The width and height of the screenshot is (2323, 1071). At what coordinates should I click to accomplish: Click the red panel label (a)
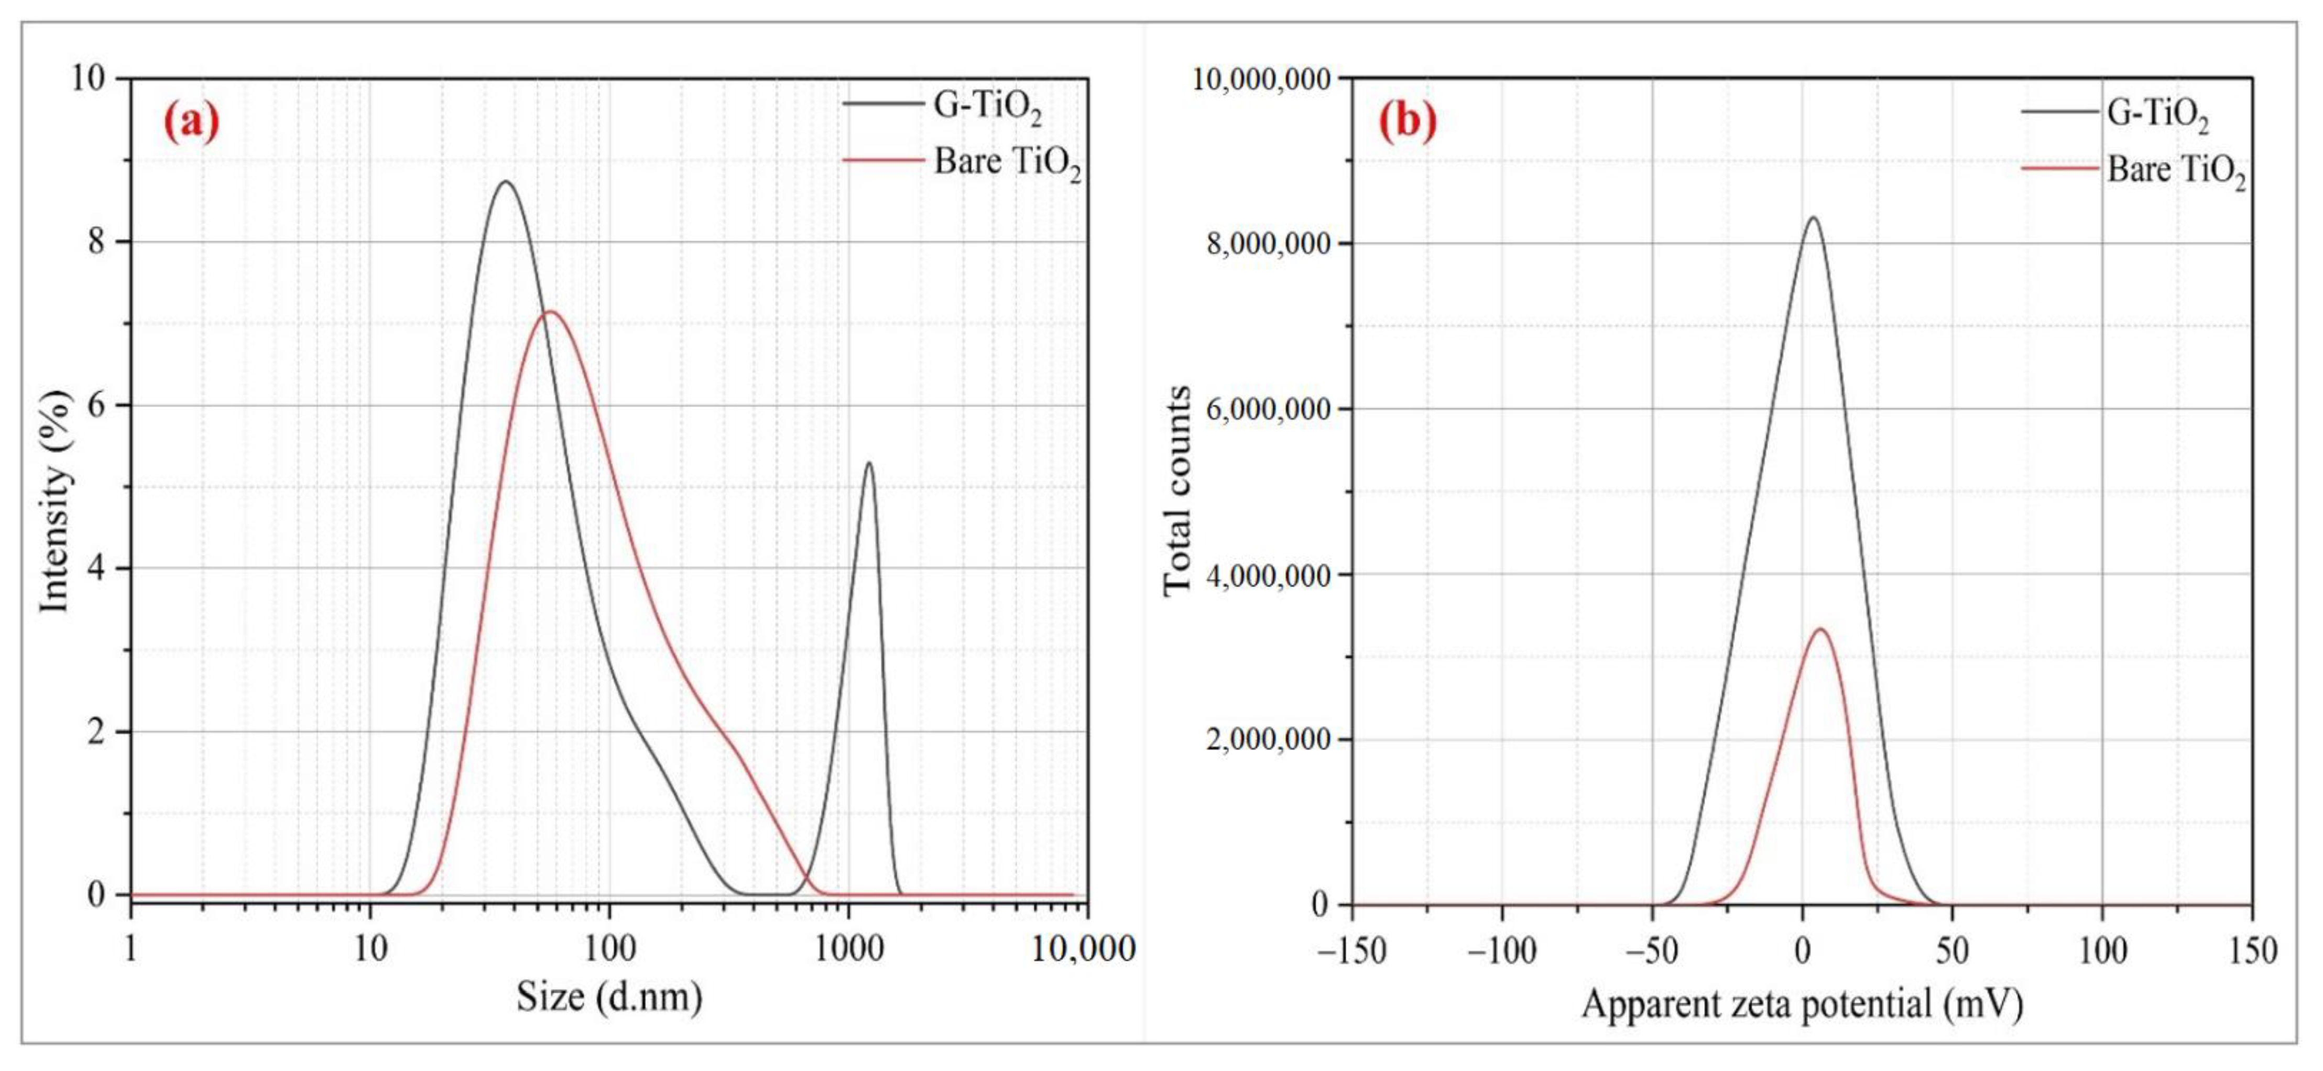191,122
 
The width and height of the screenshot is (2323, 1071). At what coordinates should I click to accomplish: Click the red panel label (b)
1408,122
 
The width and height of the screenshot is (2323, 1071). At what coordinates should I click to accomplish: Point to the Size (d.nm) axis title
609,997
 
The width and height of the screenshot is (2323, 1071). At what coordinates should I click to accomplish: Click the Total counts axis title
1177,491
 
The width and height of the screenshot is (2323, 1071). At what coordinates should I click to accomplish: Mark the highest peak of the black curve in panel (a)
506,182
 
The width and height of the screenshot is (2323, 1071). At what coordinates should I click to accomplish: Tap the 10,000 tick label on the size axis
1082,949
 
